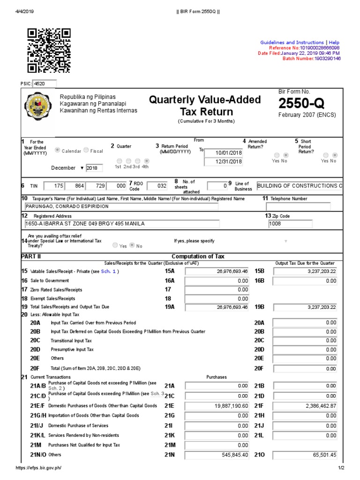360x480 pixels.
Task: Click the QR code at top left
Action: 49,51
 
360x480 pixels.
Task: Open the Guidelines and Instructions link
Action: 292,43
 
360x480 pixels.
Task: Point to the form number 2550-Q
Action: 301,104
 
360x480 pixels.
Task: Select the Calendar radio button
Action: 58,150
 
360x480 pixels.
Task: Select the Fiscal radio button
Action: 86,150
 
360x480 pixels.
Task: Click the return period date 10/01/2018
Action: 224,152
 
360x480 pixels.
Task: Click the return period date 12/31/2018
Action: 224,162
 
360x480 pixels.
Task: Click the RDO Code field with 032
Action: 156,186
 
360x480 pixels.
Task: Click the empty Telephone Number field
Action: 298,207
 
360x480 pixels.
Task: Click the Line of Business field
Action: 299,186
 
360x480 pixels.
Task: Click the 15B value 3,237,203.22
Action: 306,271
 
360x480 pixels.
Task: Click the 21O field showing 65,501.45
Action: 306,455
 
